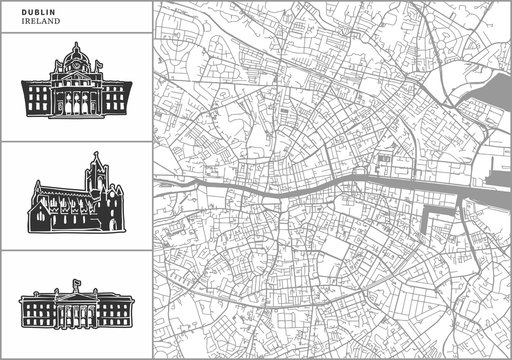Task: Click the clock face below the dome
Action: coord(75,67)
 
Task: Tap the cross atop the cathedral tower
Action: coord(97,153)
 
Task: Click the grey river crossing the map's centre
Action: coord(300,187)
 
